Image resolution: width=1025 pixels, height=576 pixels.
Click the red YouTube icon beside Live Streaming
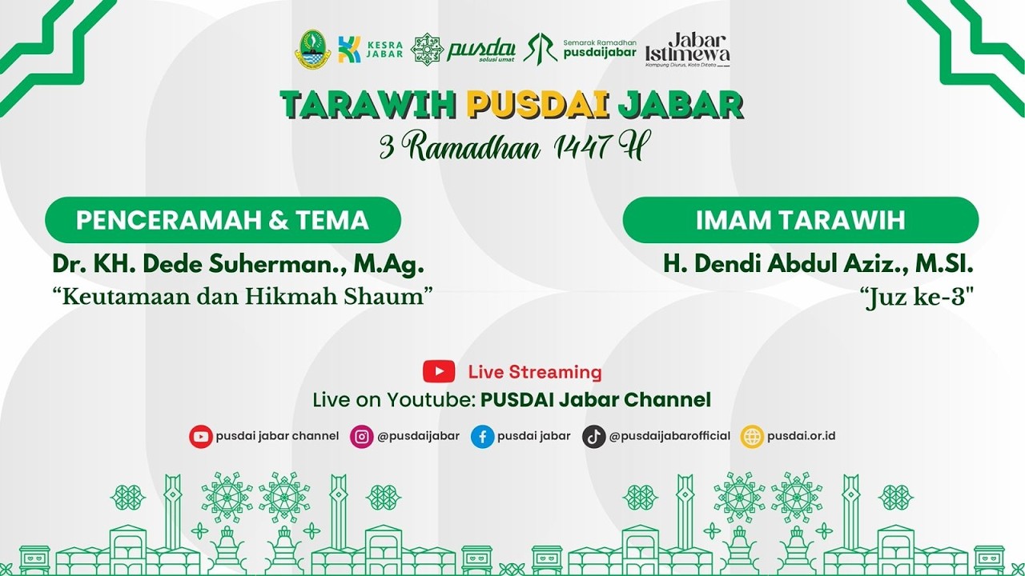click(439, 372)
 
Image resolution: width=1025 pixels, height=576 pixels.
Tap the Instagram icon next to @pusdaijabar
click(362, 437)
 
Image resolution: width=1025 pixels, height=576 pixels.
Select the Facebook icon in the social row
click(482, 437)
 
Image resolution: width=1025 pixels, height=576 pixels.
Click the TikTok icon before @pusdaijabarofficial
click(593, 437)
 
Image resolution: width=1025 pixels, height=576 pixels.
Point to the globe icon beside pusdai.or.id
click(752, 437)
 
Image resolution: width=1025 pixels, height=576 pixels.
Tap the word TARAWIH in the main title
click(369, 105)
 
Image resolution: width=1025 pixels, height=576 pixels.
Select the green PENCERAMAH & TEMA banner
click(223, 220)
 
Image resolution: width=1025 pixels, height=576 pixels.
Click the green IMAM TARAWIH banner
click(800, 220)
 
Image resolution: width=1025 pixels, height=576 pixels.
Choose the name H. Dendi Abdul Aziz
click(818, 265)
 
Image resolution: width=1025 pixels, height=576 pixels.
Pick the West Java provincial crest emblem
click(312, 50)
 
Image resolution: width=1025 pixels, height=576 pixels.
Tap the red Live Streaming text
click(535, 372)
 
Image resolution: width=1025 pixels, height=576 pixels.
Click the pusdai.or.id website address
click(801, 437)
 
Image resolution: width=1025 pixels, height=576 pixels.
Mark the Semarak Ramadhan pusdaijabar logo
click(581, 49)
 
